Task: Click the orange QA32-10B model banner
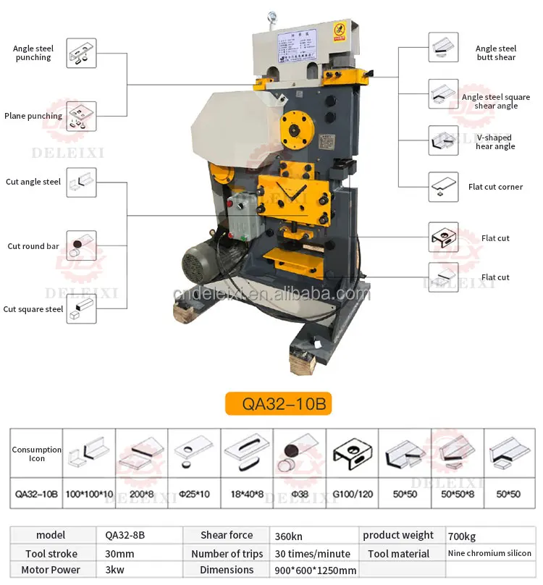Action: (x=277, y=404)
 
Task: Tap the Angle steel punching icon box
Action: (x=81, y=54)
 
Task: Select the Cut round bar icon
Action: (x=81, y=246)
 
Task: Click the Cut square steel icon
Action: (x=81, y=309)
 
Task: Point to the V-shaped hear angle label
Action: (x=495, y=142)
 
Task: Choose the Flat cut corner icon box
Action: (x=442, y=187)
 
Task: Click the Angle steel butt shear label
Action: (x=496, y=53)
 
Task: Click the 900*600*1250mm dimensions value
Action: (x=315, y=570)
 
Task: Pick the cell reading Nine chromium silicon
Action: (x=490, y=553)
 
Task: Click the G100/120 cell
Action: (x=353, y=495)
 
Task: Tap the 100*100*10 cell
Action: (x=90, y=495)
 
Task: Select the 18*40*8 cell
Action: (x=247, y=495)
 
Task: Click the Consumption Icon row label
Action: (x=36, y=454)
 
